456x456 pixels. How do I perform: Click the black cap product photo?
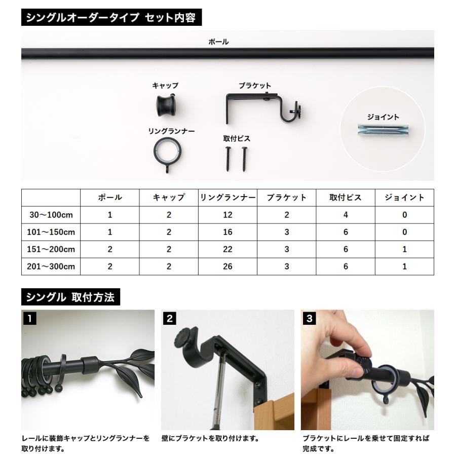166,105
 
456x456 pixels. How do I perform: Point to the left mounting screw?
227,159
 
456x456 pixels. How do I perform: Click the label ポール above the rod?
218,42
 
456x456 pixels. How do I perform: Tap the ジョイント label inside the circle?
383,117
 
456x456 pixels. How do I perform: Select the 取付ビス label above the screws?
236,138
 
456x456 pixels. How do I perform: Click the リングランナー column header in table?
227,198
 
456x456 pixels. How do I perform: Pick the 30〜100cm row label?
51,215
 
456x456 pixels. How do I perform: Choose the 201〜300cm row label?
51,267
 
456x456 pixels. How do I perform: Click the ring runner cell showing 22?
227,249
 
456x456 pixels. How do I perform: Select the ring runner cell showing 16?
227,232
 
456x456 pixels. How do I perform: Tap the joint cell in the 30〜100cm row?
404,215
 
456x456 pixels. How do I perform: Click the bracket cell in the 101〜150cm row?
286,232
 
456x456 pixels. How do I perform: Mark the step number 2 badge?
170,319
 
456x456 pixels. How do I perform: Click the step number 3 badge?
309,319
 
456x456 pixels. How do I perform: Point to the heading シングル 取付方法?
70,297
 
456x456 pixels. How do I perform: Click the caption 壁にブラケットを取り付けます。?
210,438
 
